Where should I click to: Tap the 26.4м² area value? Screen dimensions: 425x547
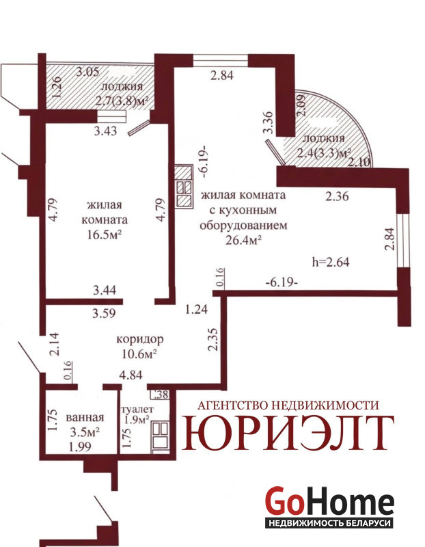click(244, 241)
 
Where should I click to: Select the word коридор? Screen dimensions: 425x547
click(140, 338)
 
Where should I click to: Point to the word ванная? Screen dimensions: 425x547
click(85, 417)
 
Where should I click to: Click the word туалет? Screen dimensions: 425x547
click(137, 409)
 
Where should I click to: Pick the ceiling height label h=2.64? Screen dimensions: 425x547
click(331, 262)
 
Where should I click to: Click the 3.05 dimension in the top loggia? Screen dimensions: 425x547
click(88, 72)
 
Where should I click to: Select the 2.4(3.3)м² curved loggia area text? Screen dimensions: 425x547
click(324, 153)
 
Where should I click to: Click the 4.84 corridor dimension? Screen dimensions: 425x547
click(131, 375)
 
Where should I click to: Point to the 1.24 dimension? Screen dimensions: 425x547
click(196, 309)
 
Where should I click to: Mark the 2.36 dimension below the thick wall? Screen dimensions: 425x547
click(337, 196)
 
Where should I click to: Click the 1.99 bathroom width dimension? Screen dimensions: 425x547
click(80, 446)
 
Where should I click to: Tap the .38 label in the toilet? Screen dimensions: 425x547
click(161, 395)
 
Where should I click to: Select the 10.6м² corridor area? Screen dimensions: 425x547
click(139, 354)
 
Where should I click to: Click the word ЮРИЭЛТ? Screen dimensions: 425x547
click(288, 433)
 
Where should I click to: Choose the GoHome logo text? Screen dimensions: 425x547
click(330, 501)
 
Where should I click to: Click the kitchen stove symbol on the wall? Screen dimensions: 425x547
click(184, 187)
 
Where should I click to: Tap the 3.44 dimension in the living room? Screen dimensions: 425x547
click(105, 290)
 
